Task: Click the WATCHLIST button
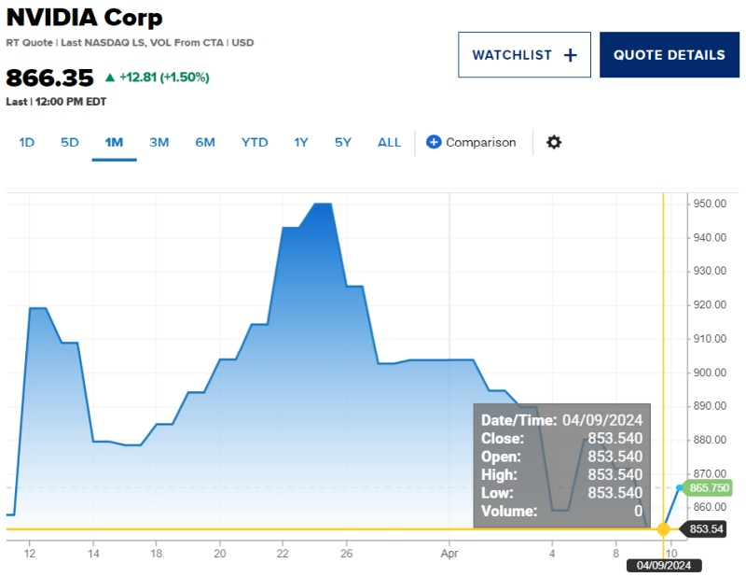(524, 55)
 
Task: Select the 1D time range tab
(27, 143)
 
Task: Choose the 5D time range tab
(70, 143)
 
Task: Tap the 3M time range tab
(159, 143)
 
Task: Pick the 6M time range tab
(205, 143)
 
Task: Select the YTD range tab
(255, 143)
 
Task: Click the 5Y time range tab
(343, 143)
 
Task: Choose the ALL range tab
(389, 143)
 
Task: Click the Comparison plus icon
(434, 143)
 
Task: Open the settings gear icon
(554, 143)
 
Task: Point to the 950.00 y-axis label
(710, 204)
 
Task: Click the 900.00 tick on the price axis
(710, 373)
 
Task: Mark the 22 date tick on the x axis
(283, 552)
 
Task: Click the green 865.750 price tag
(709, 488)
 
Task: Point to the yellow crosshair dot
(663, 529)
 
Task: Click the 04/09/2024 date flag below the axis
(663, 565)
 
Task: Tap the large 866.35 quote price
(50, 77)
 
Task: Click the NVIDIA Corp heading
(84, 18)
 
